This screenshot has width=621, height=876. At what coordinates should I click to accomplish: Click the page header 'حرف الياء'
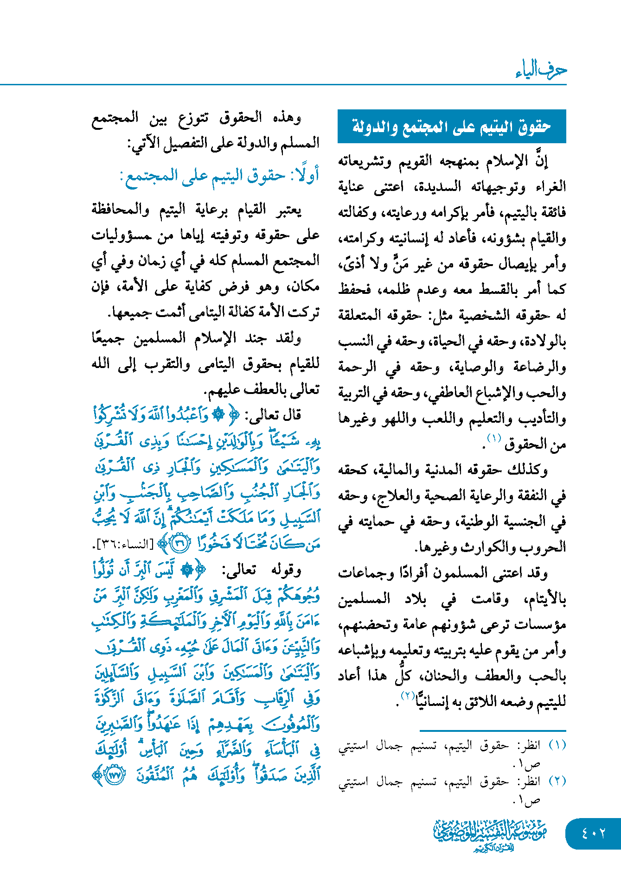541,70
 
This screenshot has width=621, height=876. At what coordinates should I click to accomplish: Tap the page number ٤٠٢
593,833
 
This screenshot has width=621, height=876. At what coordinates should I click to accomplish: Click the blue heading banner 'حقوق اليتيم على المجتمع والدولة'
452,127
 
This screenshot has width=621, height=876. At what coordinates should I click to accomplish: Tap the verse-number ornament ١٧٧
114,775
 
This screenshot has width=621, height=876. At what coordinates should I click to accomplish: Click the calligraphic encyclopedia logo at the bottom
490,835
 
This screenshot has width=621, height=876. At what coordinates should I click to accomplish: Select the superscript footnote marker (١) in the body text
493,438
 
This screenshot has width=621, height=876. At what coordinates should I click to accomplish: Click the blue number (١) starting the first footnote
557,745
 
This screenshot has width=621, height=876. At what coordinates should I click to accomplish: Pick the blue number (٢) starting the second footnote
557,781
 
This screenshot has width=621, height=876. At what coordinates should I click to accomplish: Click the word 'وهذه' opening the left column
288,118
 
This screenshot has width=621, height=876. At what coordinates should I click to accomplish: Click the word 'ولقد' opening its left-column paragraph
289,338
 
